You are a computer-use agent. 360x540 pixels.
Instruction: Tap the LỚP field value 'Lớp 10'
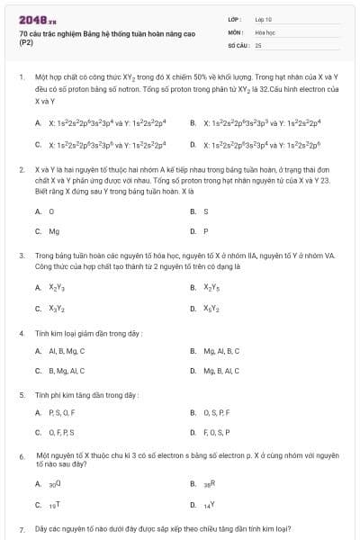click(x=264, y=19)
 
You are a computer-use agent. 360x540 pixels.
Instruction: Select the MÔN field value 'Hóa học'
click(x=265, y=31)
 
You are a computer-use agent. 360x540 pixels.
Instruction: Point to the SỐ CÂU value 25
click(x=258, y=44)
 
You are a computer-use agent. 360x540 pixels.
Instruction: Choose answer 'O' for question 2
click(x=51, y=211)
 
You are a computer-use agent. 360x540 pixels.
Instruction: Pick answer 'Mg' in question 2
click(x=54, y=231)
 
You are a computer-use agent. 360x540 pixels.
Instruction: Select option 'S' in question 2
click(x=206, y=211)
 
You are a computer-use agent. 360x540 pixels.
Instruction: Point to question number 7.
click(x=21, y=529)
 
